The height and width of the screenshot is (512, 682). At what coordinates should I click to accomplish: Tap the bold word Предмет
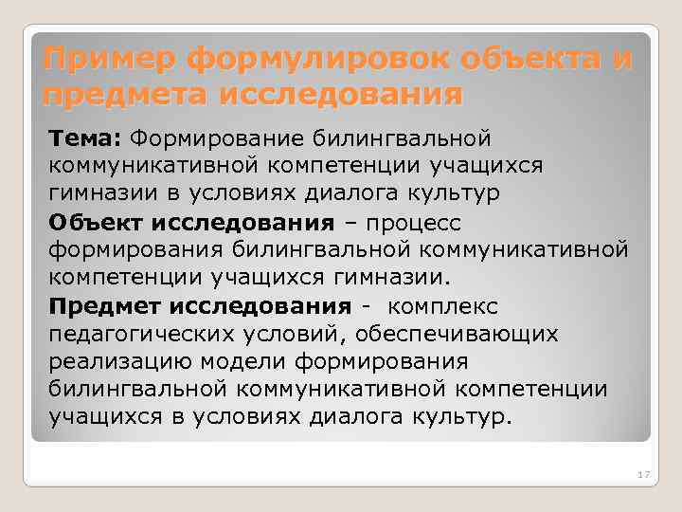point(107,306)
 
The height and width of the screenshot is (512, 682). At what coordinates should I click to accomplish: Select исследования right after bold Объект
point(254,223)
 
